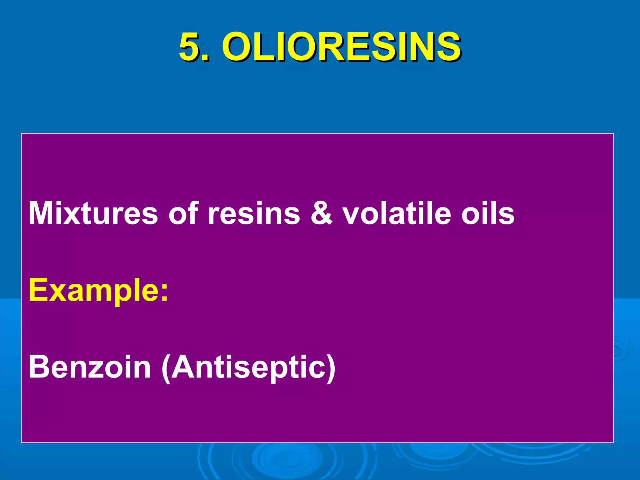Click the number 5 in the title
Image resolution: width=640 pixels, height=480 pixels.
click(189, 47)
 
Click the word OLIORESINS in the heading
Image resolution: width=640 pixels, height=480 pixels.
click(341, 47)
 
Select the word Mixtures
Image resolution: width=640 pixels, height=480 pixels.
click(93, 213)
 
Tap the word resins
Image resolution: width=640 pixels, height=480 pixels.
click(254, 213)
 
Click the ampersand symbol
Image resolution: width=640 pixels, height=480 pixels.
click(321, 213)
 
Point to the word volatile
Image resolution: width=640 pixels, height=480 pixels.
click(396, 213)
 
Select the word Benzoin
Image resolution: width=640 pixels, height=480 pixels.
click(90, 367)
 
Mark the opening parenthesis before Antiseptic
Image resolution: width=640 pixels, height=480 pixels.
click(166, 368)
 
